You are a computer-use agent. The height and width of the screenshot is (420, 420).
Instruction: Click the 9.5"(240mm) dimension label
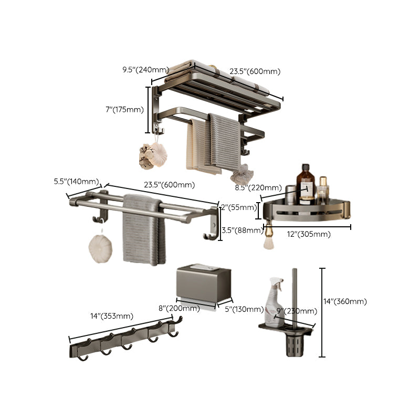(x=145, y=69)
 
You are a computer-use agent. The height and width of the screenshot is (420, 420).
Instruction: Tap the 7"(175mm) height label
(x=124, y=109)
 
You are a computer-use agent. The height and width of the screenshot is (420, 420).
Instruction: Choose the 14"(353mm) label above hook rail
(x=111, y=316)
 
